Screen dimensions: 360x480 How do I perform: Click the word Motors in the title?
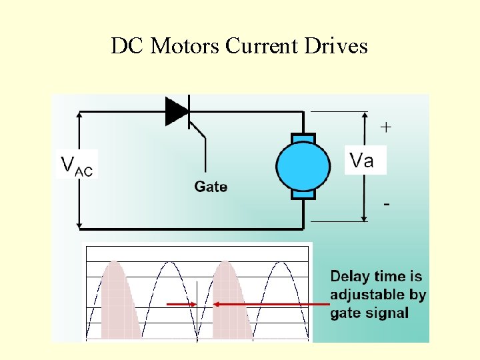tap(186, 46)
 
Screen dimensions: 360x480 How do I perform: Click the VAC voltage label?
tap(77, 164)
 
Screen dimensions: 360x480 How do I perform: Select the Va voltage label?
tap(362, 160)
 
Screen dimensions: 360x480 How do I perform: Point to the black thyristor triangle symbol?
tap(177, 111)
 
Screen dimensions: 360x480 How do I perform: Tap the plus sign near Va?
tap(385, 127)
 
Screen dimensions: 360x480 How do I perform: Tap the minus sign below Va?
tap(387, 204)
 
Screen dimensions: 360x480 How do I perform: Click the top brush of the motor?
tap(303, 137)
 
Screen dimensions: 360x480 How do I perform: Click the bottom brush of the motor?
tap(303, 195)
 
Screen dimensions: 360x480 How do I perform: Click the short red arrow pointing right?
tap(181, 305)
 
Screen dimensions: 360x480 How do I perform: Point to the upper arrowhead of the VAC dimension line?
tap(80, 115)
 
